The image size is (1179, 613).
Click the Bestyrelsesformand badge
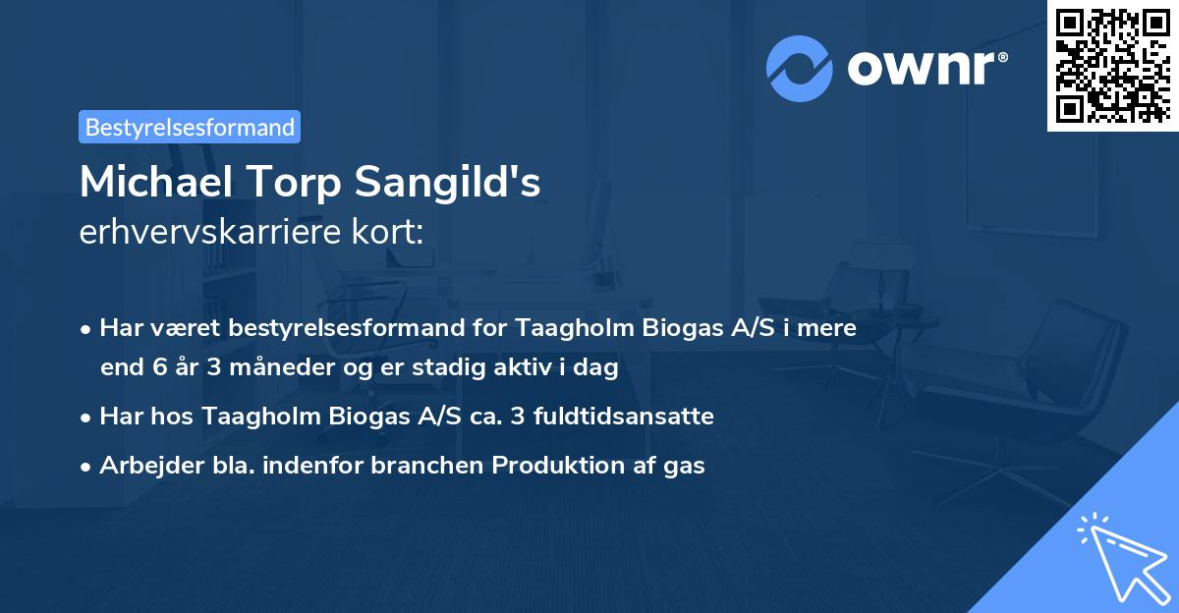coord(189,127)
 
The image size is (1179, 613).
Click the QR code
coord(1112,65)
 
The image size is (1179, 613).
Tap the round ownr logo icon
coord(800,68)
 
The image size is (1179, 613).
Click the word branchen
coord(433,466)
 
